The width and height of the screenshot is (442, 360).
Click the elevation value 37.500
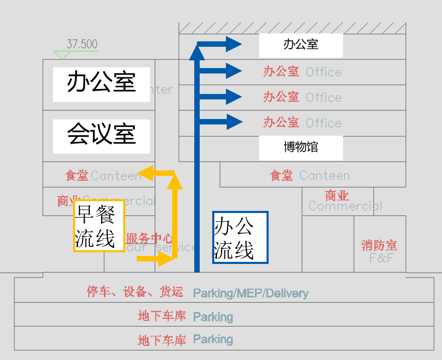coord(82,44)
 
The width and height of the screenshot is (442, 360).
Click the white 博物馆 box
coord(301,147)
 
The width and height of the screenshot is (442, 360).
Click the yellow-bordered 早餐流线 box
coord(99,226)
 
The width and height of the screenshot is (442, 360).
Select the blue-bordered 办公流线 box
coord(240,237)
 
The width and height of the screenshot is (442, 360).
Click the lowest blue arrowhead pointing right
coord(234,122)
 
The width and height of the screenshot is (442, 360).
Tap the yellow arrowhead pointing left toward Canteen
coord(146,172)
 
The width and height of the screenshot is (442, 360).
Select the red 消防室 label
coord(379,245)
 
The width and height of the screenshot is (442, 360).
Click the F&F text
coord(381,258)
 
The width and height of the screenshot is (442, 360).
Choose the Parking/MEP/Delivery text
coord(251,293)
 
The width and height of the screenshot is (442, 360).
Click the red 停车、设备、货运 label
coord(135,292)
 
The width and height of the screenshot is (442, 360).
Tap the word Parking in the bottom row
coord(213,339)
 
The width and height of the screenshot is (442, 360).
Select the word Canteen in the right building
coord(325,175)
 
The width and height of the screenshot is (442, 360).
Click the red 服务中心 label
coord(149,239)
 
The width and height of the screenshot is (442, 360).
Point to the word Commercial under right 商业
coord(345,206)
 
